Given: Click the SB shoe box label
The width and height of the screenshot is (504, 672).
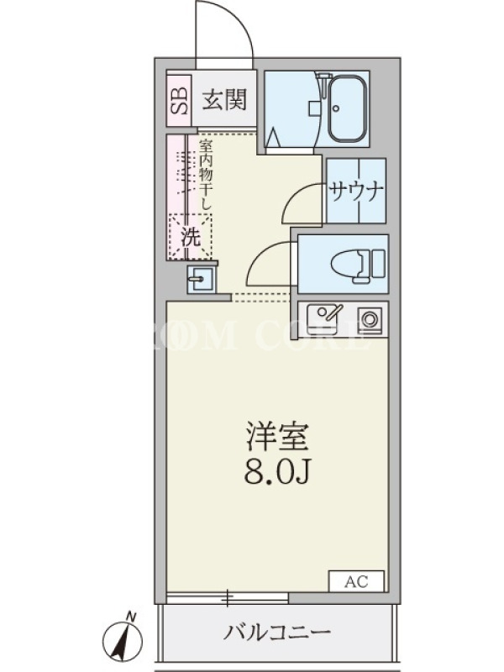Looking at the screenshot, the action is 179,101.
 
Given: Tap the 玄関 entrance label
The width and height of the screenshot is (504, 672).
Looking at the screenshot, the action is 224,100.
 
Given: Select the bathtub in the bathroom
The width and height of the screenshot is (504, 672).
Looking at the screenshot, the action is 348,109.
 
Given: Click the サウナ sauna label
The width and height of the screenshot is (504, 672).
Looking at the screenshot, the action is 355,192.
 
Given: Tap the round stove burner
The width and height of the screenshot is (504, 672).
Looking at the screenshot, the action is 369,318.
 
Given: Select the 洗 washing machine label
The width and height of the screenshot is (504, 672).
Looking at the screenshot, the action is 191,236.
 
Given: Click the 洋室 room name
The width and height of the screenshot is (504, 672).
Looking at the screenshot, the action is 277,437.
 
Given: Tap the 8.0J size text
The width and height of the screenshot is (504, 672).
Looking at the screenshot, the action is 277,471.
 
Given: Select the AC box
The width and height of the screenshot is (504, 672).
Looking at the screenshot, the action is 356,581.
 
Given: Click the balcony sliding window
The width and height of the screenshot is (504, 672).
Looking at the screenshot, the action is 228,597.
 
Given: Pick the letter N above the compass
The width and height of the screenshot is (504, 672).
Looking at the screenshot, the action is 132,617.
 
